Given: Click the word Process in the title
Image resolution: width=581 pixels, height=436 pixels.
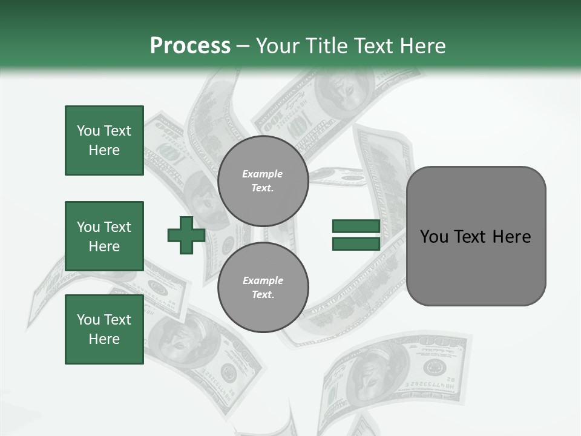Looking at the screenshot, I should pos(190,46).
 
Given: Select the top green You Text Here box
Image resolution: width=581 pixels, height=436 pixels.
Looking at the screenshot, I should pos(104,140).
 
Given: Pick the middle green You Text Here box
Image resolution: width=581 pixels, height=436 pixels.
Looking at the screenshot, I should pos(104,236).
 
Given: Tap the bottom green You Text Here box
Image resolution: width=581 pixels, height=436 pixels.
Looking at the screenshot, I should pos(104,329).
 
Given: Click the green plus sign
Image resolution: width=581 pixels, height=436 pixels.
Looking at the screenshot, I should pos(186,236).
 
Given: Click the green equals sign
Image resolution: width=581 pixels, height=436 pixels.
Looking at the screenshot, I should pos(356,235).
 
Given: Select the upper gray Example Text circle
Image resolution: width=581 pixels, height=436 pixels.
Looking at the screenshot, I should pos(263,180).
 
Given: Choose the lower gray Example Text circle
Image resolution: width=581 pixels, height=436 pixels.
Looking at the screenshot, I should pos(263,287).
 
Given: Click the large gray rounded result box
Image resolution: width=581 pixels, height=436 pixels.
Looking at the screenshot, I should pos(476,236).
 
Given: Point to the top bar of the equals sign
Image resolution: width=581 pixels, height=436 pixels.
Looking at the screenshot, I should pos(356,226).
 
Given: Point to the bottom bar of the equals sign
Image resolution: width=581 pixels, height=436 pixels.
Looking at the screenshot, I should pos(356,243).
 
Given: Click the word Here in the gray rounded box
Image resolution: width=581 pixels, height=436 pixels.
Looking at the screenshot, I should pos(511,237).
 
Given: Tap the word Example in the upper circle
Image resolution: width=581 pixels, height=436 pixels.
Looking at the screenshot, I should pos(263,174).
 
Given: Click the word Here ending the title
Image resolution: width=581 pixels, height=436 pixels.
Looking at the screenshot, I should pos(421,46).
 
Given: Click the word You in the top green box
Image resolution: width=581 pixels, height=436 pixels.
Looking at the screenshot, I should pos(88,131).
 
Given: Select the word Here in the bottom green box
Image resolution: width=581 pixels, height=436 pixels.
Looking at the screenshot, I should pos(104,339).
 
